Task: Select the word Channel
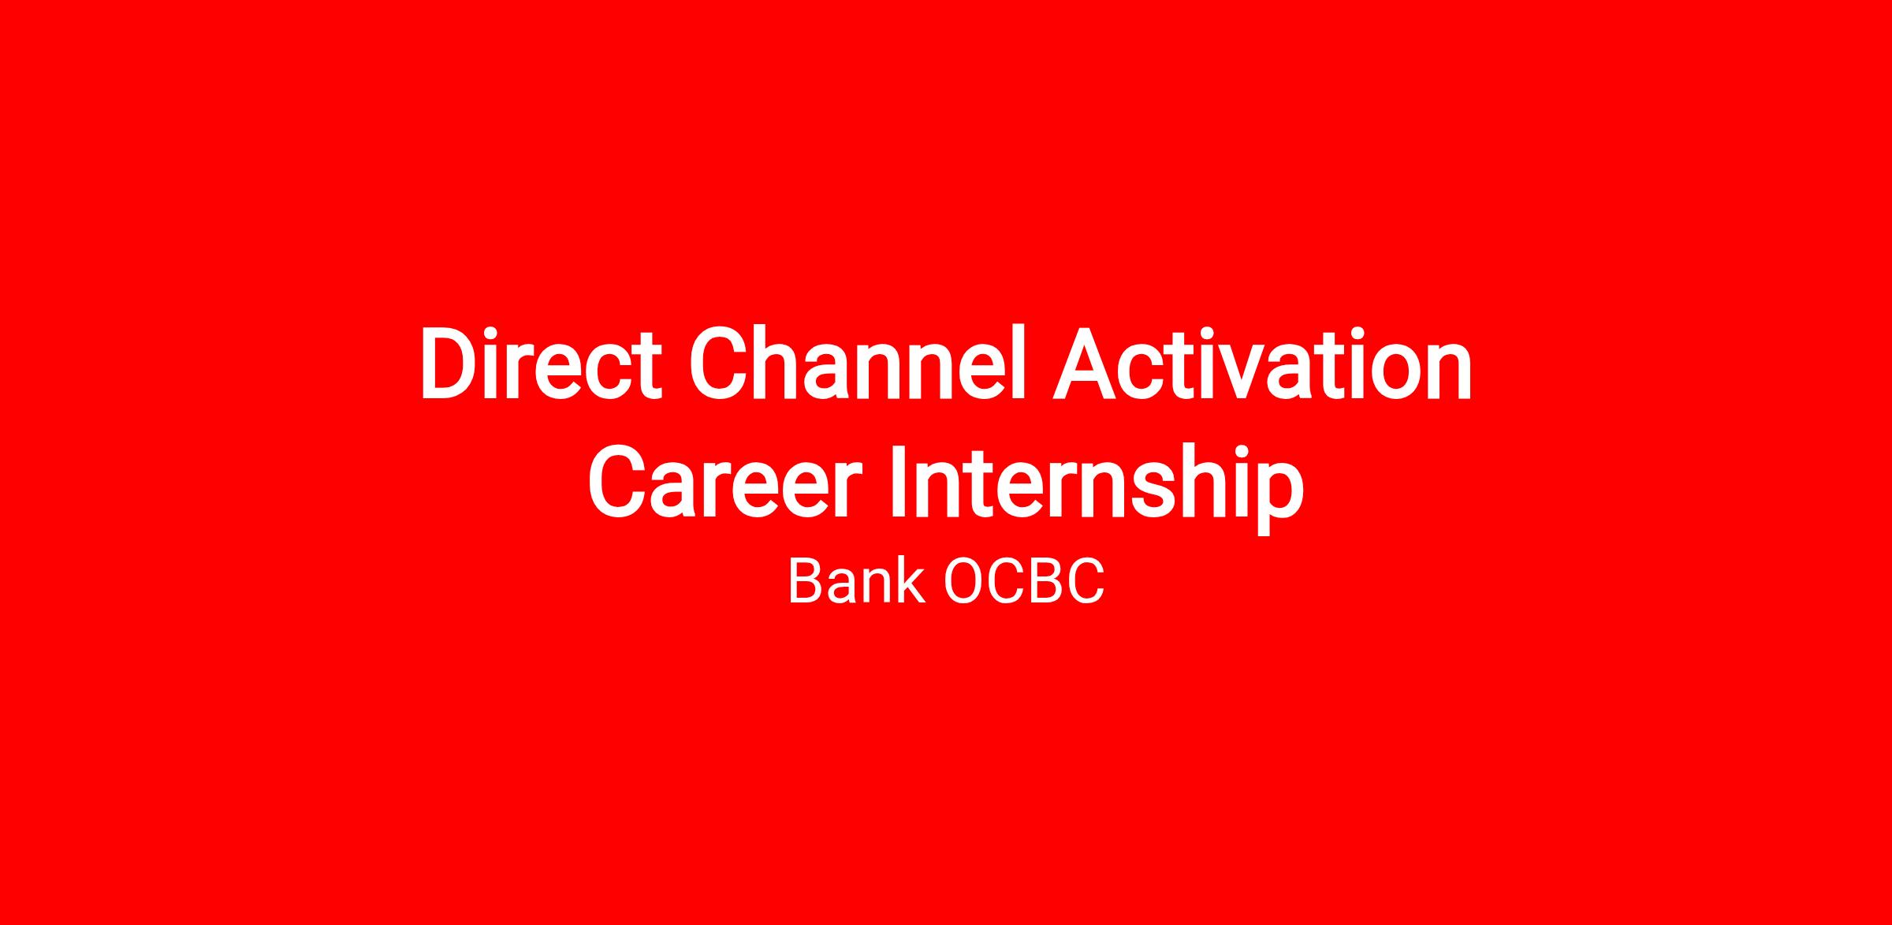coord(859,363)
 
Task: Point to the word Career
coord(720,480)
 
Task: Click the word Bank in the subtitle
coord(856,581)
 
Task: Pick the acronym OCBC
coord(1024,582)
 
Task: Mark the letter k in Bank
coord(908,581)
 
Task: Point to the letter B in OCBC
coord(1047,582)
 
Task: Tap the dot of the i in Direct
coord(501,331)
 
